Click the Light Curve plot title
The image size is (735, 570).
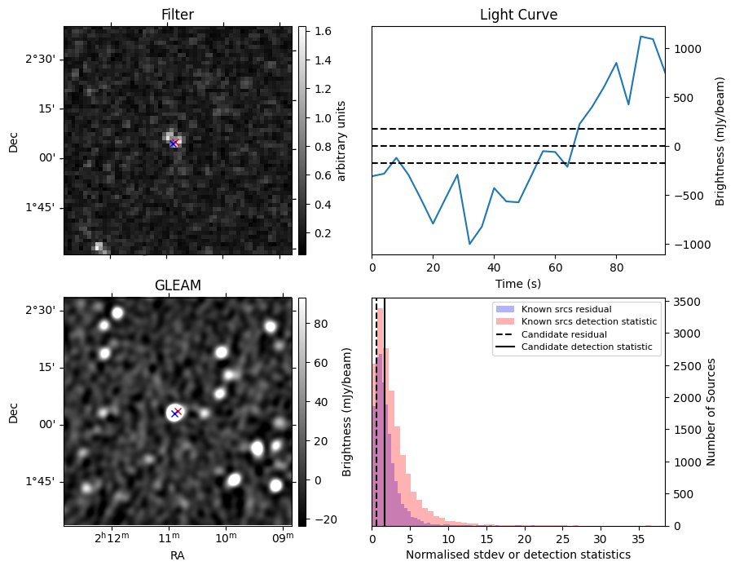518,15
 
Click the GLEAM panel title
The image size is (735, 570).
178,285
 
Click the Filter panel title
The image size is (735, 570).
178,15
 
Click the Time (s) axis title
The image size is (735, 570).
518,283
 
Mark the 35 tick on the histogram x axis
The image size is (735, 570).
639,538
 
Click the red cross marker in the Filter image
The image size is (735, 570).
174,143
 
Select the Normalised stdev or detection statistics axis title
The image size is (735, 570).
518,555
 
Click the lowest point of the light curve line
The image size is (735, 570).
469,244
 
